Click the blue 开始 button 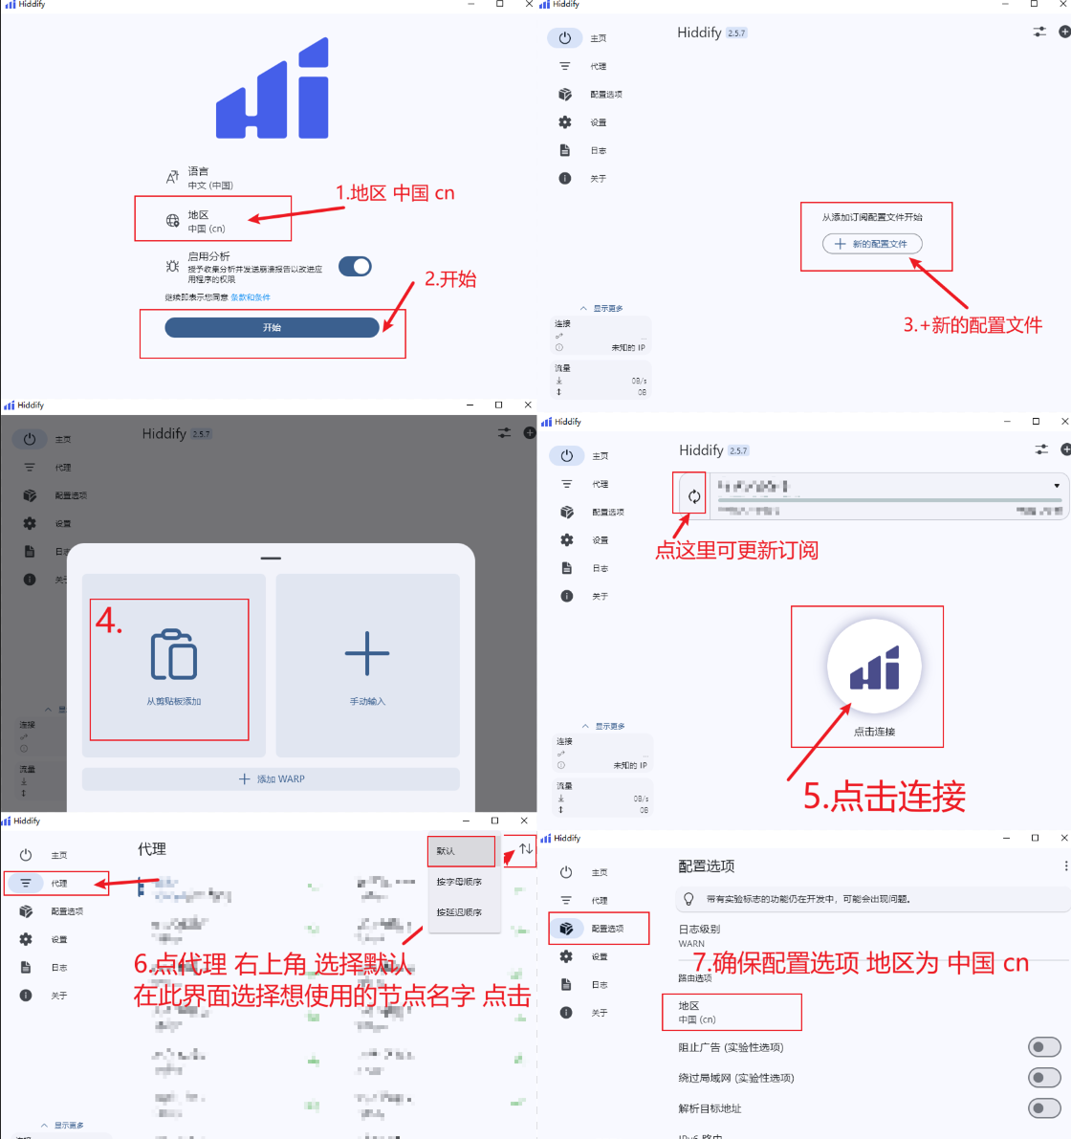272,328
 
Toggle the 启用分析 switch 355,267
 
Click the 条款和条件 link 251,297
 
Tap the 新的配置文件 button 871,244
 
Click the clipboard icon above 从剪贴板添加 174,655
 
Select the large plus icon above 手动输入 367,654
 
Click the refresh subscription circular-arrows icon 694,496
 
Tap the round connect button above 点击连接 874,667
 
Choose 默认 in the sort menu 461,850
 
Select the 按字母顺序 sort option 460,882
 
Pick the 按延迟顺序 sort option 460,912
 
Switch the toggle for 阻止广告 1043,1047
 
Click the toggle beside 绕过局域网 1043,1078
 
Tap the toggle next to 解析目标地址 1043,1108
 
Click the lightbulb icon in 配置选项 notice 688,899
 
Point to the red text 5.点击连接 885,796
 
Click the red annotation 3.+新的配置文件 973,325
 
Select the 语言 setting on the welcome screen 199,178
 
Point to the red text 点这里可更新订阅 736,551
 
